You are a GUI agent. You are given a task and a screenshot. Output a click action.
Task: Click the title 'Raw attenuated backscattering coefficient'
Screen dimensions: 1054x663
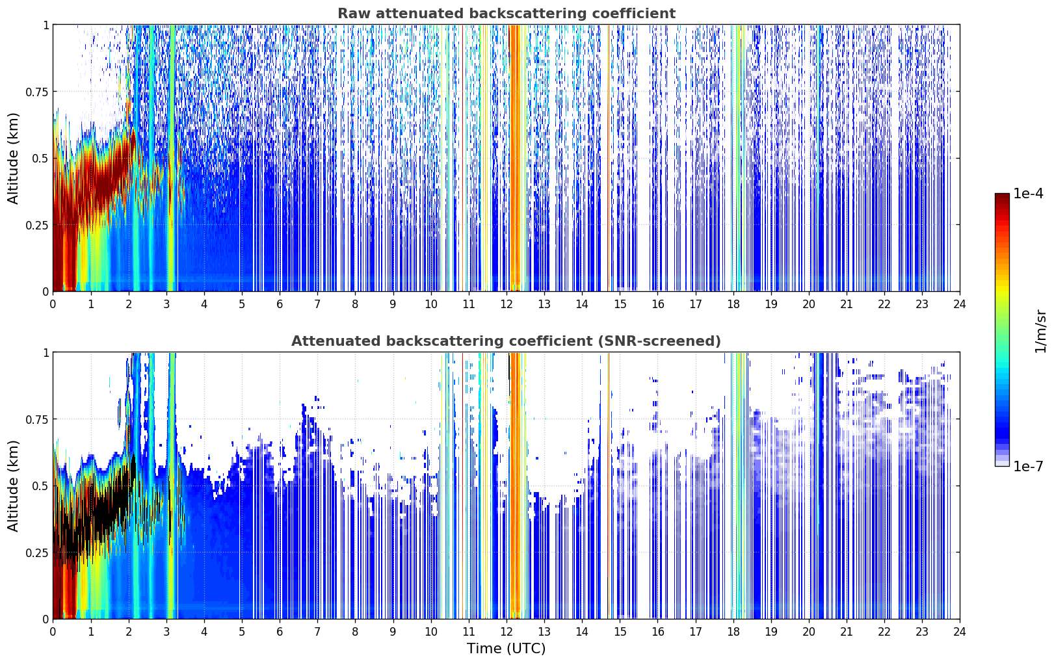tap(507, 13)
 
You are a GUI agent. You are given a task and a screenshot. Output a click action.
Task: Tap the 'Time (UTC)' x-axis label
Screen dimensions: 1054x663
tap(507, 649)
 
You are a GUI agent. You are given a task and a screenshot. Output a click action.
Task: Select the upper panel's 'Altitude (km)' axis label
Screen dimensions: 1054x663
tap(13, 159)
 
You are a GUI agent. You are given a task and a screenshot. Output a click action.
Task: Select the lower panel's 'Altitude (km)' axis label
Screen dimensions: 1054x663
tap(13, 486)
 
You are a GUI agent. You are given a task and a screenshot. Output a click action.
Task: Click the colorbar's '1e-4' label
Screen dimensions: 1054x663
tap(1028, 193)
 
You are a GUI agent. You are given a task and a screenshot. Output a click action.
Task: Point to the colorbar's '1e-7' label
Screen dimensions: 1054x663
tap(1028, 467)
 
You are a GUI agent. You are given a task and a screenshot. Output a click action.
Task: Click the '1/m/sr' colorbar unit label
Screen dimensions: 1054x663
tap(1040, 331)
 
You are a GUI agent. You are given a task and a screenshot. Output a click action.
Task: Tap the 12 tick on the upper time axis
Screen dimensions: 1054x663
tap(507, 304)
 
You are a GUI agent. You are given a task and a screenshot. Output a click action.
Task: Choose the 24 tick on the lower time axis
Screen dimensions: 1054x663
tap(960, 632)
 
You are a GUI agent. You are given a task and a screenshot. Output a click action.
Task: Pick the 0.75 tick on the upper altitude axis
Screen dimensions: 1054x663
tap(36, 92)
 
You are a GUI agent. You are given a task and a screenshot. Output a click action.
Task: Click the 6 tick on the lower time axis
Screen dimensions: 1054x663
tap(280, 632)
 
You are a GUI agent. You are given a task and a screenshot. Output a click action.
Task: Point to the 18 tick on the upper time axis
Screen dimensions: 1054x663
tap(733, 304)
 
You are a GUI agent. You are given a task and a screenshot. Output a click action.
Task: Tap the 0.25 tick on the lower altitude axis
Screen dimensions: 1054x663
tap(36, 553)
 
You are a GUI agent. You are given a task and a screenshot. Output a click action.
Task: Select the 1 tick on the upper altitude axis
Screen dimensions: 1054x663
tap(46, 25)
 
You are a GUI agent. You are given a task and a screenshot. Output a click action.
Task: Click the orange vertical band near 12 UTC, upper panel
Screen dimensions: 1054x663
tap(517, 158)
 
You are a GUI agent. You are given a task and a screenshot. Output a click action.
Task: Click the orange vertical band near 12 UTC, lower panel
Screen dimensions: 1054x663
tap(517, 486)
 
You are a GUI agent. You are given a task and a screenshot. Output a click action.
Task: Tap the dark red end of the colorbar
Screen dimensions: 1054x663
tap(1002, 196)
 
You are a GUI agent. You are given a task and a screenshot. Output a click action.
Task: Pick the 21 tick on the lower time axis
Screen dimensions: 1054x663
tap(847, 632)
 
